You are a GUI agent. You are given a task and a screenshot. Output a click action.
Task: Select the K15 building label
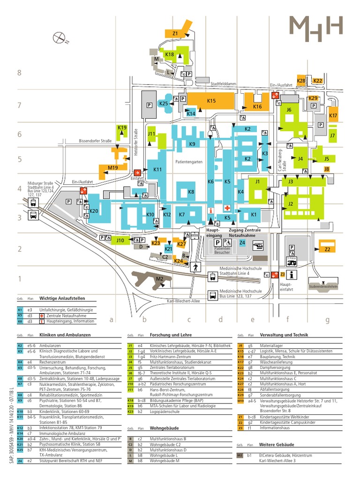tap(211, 100)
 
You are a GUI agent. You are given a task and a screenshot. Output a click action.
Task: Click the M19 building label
tap(112, 167)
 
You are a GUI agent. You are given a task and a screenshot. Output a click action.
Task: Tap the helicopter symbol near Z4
tap(259, 245)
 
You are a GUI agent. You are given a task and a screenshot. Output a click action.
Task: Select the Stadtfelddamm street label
tap(224, 84)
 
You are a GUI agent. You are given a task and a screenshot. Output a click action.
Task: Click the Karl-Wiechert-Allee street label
tap(183, 301)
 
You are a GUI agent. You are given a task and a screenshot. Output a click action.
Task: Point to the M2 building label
tap(159, 279)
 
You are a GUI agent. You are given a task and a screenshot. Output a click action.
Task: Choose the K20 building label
tap(93, 211)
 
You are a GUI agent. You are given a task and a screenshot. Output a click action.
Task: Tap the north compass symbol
tap(60, 37)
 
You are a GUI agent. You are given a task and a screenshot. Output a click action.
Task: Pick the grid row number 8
tap(20, 73)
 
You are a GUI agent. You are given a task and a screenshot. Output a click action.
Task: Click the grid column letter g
tap(328, 320)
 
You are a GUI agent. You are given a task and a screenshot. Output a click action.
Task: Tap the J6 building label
tap(289, 110)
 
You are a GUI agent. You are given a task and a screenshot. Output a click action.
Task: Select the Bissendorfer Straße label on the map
tap(95, 140)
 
